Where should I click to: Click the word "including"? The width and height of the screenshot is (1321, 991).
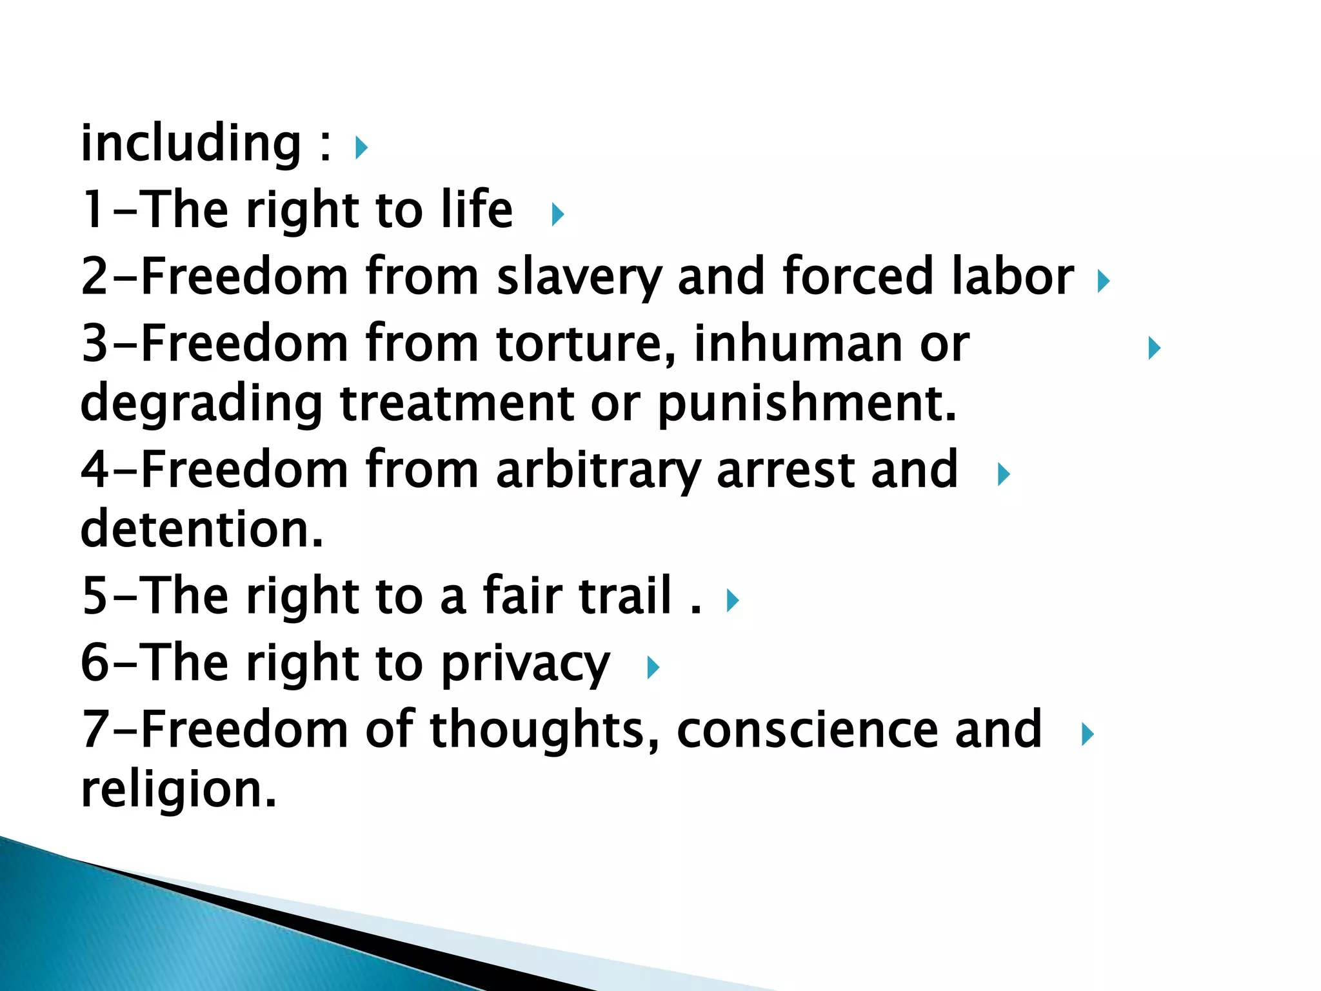tap(190, 144)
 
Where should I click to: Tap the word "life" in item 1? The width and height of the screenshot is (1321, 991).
tap(477, 210)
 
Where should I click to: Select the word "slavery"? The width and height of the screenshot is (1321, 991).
tap(579, 277)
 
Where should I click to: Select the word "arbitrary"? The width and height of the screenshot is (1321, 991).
tap(598, 470)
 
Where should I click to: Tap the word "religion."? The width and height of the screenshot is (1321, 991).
tap(179, 790)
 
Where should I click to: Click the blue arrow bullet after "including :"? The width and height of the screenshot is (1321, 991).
tap(361, 148)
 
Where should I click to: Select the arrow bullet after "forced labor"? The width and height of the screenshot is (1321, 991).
tap(1104, 281)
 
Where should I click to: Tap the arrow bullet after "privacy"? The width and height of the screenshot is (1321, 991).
tap(653, 667)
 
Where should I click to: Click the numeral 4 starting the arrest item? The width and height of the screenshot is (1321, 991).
tap(94, 470)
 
